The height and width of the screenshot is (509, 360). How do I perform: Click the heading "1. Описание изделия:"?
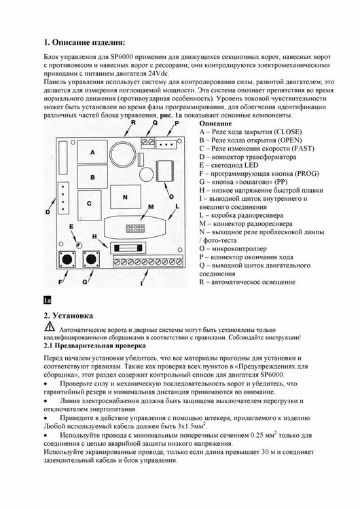click(84, 43)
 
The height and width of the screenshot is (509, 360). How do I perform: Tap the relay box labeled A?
click(92, 152)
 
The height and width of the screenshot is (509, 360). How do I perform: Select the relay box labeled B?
click(92, 177)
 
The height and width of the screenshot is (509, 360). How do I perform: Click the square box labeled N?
click(126, 197)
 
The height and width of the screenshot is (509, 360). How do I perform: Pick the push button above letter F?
click(67, 259)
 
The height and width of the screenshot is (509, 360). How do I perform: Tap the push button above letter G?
click(91, 259)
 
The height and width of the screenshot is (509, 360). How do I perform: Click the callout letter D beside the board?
click(48, 212)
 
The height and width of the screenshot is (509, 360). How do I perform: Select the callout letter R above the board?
click(133, 122)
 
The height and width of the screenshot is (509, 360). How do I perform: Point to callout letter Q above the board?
click(155, 123)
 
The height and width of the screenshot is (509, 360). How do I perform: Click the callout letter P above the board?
click(177, 123)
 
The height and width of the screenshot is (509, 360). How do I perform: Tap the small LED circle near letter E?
click(78, 245)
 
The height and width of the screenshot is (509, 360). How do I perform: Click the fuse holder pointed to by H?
click(128, 248)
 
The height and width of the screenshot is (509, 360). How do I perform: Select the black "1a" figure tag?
click(48, 300)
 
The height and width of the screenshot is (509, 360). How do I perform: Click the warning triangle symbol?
click(50, 326)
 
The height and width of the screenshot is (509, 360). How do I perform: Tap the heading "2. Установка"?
click(68, 316)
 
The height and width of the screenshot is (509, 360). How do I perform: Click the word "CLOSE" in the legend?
click(288, 132)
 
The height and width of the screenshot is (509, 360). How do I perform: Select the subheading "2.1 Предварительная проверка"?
click(95, 345)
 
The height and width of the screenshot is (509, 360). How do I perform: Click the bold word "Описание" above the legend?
click(215, 124)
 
